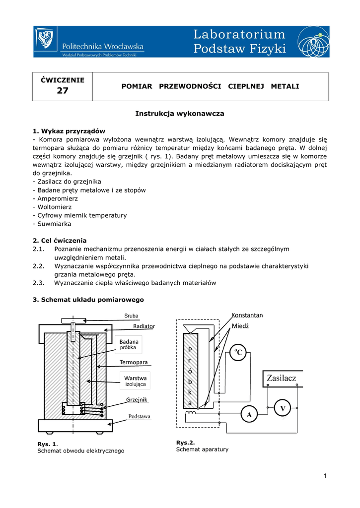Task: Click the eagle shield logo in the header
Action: [x=45, y=39]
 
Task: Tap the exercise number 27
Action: [x=63, y=91]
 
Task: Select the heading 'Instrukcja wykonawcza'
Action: [x=180, y=114]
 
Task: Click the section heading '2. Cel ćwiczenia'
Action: [x=60, y=240]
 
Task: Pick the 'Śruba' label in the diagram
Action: [x=131, y=316]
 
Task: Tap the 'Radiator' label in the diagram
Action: [x=144, y=326]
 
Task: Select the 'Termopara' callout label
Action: [x=134, y=362]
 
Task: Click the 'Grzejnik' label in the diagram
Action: [x=137, y=399]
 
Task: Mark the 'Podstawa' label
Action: [x=140, y=416]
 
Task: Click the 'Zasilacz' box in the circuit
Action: [x=282, y=378]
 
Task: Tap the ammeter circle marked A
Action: [x=249, y=414]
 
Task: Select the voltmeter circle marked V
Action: [x=283, y=408]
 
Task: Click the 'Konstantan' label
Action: [x=247, y=315]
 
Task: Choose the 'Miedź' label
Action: [x=240, y=326]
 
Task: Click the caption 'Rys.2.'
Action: [x=186, y=442]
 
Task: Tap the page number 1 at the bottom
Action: [x=325, y=477]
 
